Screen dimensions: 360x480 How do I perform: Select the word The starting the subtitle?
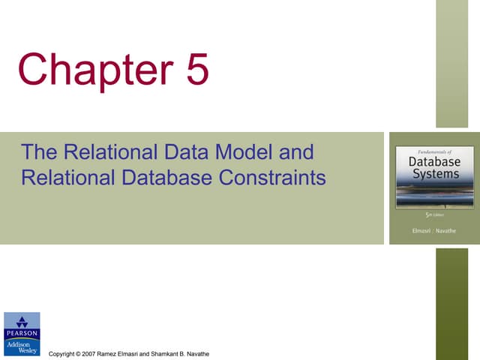(x=39, y=153)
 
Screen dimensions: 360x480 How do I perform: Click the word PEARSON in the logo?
(x=22, y=333)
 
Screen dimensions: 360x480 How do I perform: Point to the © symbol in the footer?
(x=79, y=353)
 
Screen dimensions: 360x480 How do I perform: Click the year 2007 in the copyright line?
(x=90, y=353)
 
